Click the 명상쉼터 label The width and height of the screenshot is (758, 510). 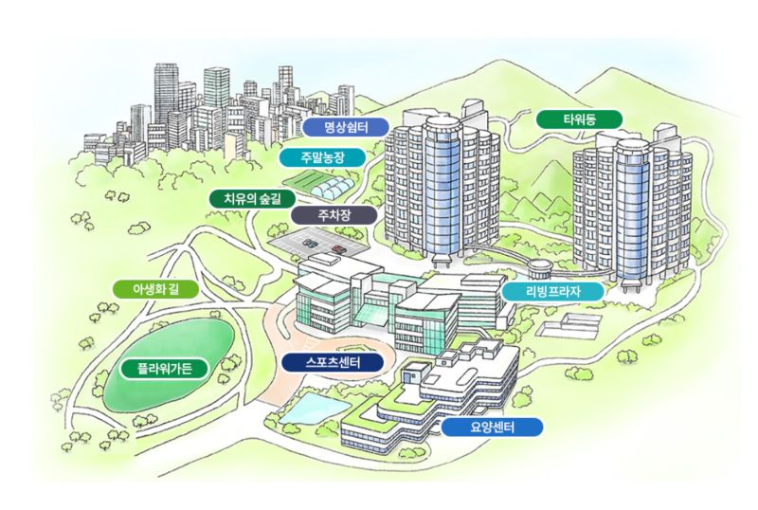pos(346,127)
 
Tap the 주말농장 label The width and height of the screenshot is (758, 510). pos(322,157)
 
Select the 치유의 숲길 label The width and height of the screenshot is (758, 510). pos(252,198)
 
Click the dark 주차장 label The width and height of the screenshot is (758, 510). pos(334,215)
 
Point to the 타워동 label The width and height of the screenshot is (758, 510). pos(579,119)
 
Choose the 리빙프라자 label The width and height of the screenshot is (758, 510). pos(553,291)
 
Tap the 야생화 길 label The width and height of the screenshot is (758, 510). pos(155,289)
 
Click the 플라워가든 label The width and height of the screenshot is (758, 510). pos(164,369)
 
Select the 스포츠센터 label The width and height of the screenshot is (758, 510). pos(333,362)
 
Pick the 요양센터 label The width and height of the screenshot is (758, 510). pos(492,427)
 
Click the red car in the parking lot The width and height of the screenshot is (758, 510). pos(338,249)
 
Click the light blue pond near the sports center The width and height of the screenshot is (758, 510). pos(314,408)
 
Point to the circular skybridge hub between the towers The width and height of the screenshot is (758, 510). pos(539,267)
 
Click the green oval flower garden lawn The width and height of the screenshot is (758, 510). pos(170,363)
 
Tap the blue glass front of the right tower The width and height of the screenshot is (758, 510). pos(631,213)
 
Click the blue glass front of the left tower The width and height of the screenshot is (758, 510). pos(442,189)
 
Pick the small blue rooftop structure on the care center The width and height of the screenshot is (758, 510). pos(412,374)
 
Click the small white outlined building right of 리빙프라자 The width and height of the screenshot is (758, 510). pos(570,325)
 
